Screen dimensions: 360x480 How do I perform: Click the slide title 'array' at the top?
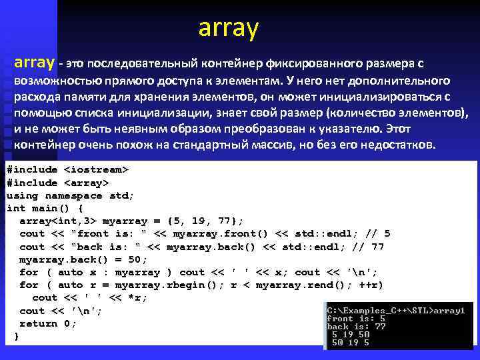[x=227, y=28]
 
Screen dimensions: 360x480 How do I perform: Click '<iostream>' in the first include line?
[x=96, y=170]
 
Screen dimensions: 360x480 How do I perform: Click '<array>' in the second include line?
[x=87, y=183]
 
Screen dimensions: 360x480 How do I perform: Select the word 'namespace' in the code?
[x=73, y=195]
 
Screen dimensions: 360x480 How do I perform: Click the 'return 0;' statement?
[x=48, y=323]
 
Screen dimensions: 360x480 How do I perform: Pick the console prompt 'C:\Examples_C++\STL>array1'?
[x=395, y=310]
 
